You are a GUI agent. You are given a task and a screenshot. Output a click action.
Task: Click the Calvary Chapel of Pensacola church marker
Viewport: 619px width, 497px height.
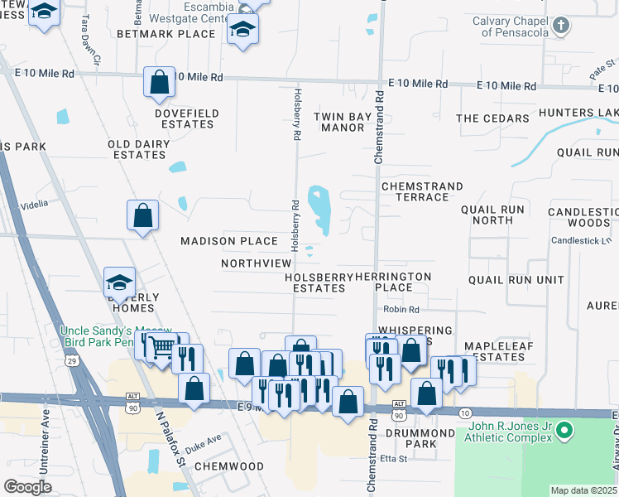561,25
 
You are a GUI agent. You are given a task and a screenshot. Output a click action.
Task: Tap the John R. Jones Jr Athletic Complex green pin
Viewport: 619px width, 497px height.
564,431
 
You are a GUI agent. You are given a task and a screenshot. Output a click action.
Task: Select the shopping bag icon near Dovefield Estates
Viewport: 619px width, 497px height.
159,82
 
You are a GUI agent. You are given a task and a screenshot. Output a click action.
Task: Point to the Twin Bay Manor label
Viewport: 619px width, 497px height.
339,122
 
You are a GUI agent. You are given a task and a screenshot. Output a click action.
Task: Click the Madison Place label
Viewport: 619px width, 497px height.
230,241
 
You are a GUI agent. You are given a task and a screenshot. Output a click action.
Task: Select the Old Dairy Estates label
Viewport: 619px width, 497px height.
139,149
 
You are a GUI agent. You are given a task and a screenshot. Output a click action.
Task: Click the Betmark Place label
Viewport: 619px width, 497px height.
166,34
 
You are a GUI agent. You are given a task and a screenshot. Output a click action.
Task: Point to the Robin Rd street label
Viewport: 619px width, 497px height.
401,309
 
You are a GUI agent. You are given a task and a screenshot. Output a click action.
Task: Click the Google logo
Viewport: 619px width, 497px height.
27,486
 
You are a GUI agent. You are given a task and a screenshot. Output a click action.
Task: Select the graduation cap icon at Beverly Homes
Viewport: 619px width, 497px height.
119,282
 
